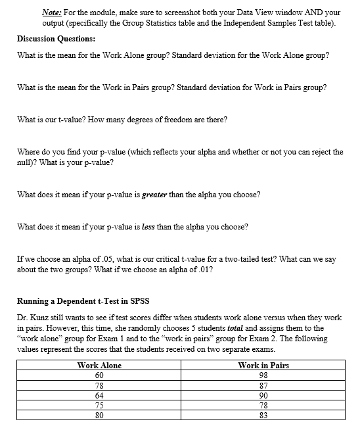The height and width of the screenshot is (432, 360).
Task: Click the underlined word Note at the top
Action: coord(51,12)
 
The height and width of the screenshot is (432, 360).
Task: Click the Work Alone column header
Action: coord(99,365)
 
